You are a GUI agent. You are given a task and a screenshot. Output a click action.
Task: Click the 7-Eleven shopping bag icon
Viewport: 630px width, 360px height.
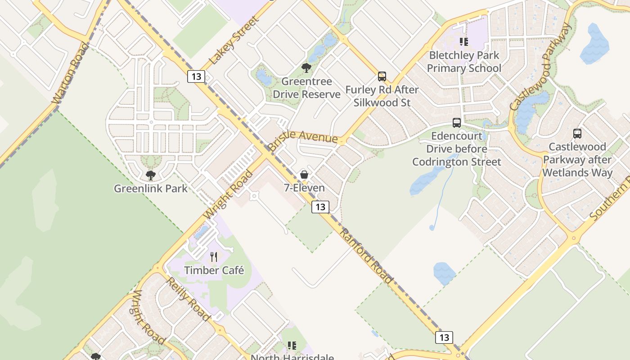(x=304, y=175)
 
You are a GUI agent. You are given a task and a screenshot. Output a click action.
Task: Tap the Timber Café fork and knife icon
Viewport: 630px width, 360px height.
(x=214, y=257)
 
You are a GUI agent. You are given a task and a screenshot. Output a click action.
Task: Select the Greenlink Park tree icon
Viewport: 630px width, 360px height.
(x=151, y=175)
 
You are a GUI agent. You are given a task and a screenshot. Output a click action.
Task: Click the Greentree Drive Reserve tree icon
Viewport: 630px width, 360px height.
(x=306, y=68)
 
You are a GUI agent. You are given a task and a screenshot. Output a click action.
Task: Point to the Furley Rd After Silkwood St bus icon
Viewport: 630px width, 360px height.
(x=382, y=76)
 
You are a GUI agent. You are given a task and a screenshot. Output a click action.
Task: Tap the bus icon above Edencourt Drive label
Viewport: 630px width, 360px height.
(x=457, y=123)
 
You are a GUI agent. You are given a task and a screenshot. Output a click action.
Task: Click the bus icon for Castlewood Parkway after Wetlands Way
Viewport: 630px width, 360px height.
(x=577, y=134)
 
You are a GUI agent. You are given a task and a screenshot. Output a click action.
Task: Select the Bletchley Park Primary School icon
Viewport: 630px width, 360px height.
(x=464, y=42)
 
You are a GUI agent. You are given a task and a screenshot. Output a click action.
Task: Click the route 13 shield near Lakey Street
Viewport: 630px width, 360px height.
(x=196, y=76)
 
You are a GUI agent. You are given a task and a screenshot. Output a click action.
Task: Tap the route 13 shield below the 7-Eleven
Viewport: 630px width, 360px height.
(x=320, y=207)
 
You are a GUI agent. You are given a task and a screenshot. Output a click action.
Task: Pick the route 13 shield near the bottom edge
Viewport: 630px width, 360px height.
(x=444, y=337)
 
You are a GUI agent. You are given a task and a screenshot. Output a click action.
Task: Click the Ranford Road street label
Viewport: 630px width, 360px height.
(x=366, y=256)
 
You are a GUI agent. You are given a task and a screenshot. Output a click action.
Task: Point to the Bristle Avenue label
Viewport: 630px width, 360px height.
(x=302, y=137)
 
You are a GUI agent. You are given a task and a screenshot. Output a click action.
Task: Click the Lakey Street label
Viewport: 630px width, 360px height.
(x=234, y=40)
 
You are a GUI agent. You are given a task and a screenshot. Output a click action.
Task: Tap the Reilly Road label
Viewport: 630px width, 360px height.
(x=188, y=299)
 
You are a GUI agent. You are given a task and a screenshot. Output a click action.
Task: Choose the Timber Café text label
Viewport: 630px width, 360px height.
(x=214, y=270)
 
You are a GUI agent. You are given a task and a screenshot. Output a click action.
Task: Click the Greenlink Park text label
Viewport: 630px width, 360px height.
(x=151, y=188)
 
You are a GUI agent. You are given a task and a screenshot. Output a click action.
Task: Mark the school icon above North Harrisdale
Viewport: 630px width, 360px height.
(x=292, y=346)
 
